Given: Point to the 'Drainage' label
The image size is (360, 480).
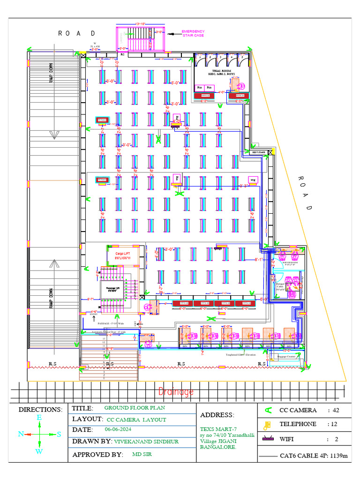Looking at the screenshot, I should tap(176, 392).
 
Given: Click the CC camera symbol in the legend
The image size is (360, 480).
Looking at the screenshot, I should tap(268, 410).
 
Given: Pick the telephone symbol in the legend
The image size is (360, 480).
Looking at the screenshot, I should tap(267, 425).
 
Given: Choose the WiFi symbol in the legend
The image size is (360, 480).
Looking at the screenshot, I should tap(268, 440).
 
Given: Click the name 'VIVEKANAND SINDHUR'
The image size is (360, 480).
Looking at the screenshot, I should tap(146, 442).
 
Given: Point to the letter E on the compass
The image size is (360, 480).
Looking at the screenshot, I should tap(39, 417).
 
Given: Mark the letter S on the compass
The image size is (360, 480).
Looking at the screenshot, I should tap(59, 434).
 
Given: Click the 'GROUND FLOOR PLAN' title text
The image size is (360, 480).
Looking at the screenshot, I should tap(135, 408).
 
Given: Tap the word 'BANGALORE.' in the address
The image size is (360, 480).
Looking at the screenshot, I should tap(218, 447).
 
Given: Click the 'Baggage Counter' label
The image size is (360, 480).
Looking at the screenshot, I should tap(287, 357).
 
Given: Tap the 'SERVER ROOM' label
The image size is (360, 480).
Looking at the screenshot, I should tap(290, 263).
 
